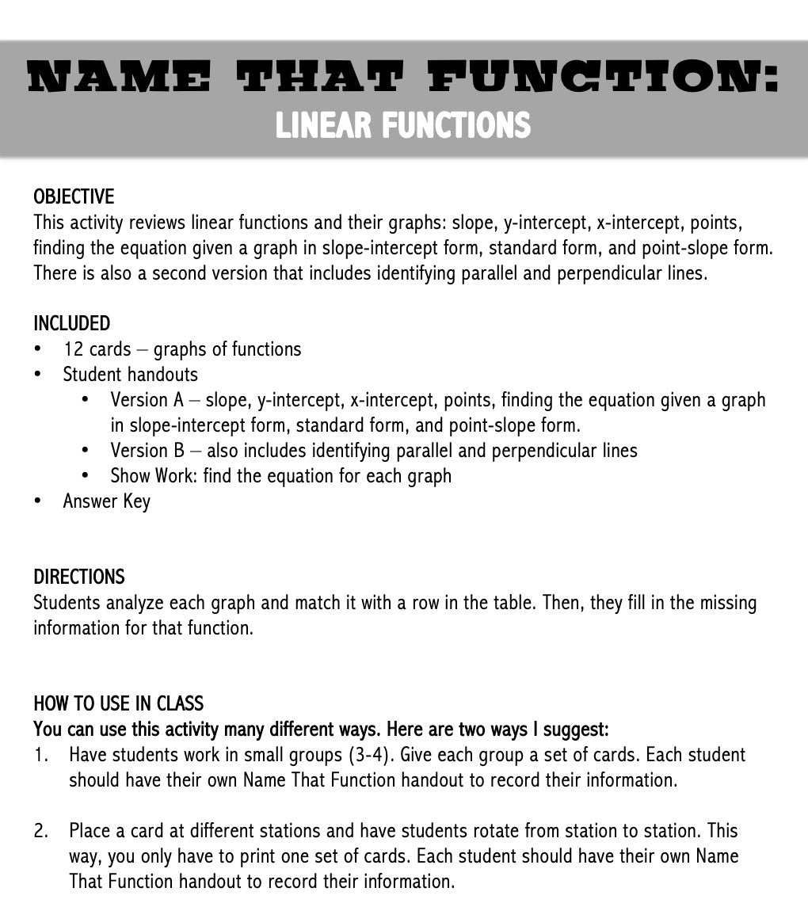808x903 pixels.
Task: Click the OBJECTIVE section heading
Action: (x=74, y=196)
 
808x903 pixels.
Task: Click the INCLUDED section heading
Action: (x=71, y=323)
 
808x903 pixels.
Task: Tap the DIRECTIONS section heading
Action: (x=78, y=577)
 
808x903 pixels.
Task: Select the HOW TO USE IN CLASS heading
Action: (x=118, y=703)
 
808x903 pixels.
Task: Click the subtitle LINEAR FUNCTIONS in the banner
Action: (x=402, y=125)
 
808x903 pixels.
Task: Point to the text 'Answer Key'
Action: (x=106, y=501)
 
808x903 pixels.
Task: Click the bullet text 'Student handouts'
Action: (x=130, y=375)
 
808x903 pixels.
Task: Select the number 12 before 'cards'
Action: (x=74, y=349)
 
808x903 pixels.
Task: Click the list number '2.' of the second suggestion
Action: (x=41, y=831)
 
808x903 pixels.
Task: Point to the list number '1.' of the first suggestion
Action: (x=40, y=755)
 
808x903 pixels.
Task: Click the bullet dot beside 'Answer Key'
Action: (x=38, y=501)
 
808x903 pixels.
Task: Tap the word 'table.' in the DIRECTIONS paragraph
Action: (x=516, y=603)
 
